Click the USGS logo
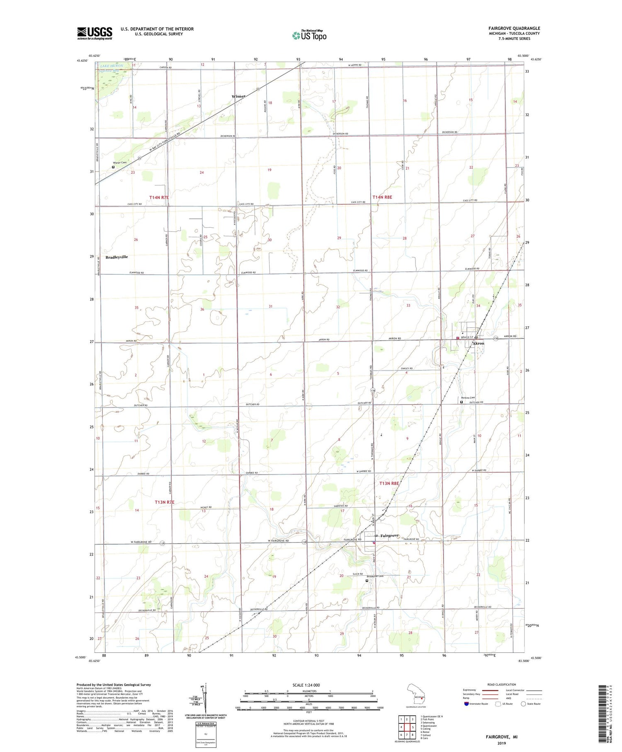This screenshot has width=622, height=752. coord(95,33)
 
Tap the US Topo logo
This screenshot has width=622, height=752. coord(309,36)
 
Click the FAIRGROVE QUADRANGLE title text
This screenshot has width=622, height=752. coord(514,28)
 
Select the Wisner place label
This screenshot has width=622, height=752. coord(238,96)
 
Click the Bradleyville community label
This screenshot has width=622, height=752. coord(117,257)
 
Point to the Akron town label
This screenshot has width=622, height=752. coord(478,343)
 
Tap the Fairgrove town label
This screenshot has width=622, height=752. coord(389,535)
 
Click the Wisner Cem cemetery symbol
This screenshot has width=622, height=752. coord(113,167)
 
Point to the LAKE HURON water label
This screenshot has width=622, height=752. coord(111,66)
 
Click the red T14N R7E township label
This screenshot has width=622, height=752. coord(159,198)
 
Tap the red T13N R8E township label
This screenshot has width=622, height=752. coord(389,483)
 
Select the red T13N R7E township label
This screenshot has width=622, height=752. coord(164,502)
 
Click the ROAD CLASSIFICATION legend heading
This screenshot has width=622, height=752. coord(502,684)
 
